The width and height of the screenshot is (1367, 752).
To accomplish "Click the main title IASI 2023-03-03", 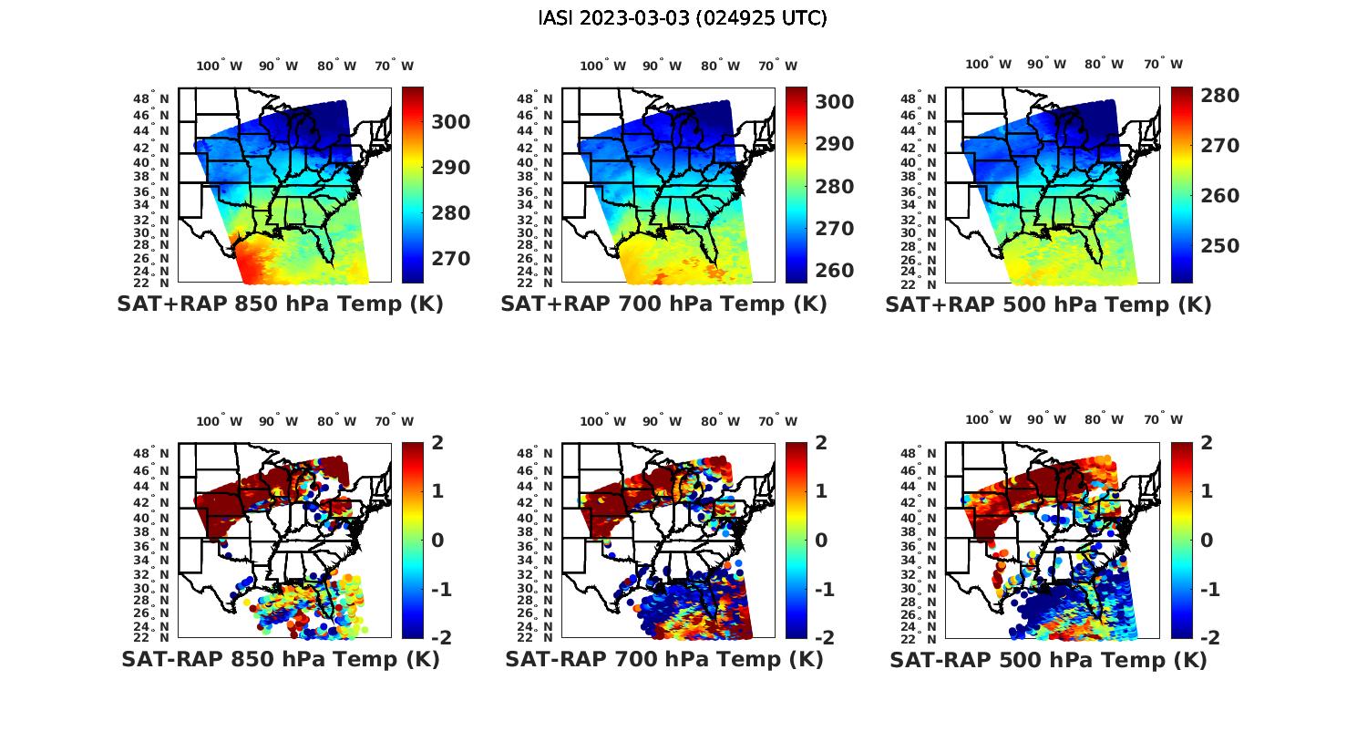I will coord(683,18).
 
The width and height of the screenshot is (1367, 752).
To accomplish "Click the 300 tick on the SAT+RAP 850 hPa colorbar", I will coord(451,122).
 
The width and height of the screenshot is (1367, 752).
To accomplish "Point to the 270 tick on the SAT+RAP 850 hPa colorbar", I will coord(451,259).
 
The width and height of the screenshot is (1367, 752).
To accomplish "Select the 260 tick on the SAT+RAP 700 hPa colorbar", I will coord(835,271).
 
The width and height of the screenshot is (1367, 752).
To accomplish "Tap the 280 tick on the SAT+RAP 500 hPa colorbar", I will coord(1219,96).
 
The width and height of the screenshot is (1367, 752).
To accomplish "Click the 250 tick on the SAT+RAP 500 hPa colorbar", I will coord(1219,246).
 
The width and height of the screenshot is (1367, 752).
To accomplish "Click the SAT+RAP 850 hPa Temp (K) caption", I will coord(280,304).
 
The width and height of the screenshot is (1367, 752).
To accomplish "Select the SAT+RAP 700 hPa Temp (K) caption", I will coord(663,304).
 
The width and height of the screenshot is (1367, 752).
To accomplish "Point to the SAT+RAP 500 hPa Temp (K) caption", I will coord(1048,304).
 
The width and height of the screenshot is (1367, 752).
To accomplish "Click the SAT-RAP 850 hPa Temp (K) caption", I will coord(280,659).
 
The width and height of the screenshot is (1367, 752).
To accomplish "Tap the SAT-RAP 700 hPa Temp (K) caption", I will coord(663,659).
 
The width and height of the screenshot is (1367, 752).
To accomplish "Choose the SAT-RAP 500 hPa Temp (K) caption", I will coord(1048,659).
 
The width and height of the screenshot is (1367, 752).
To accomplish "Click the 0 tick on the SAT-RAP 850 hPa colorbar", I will coord(437,540).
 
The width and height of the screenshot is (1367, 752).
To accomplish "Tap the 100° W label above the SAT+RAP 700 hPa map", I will coord(602,66).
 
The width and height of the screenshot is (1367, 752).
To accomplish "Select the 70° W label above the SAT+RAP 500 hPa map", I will coord(1163,64).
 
